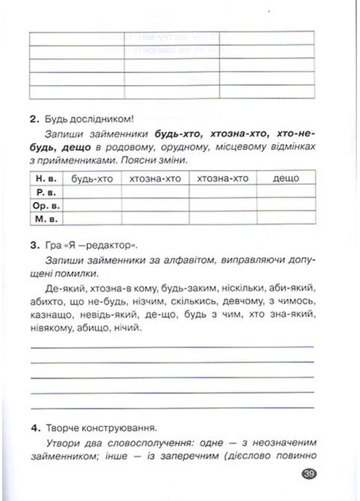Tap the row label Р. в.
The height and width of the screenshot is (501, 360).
tap(47, 191)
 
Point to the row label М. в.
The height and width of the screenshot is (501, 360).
tap(47, 218)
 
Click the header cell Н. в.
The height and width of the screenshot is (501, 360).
tap(47, 178)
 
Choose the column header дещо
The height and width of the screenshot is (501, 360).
tap(286, 178)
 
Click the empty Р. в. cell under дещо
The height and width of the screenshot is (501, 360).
tap(286, 191)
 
